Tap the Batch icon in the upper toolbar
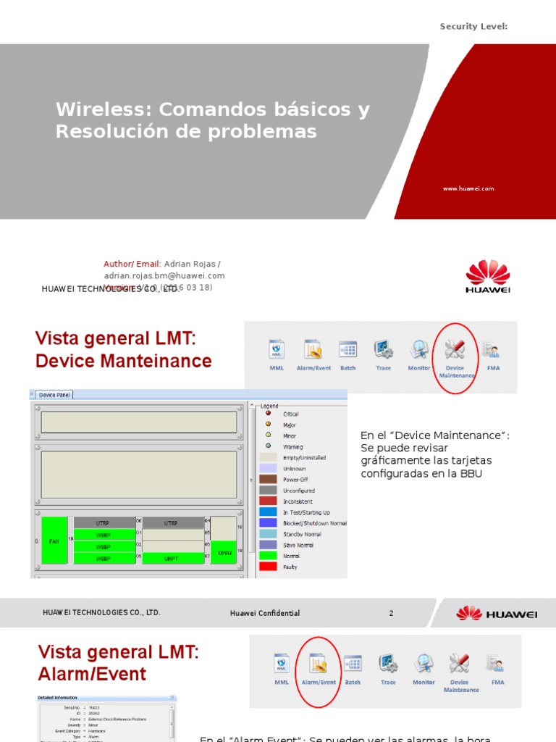(348, 349)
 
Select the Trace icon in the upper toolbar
(383, 349)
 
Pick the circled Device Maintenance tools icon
(455, 349)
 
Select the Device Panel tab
(55, 395)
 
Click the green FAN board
(54, 540)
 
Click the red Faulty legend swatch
(268, 567)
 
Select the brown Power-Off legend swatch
(268, 480)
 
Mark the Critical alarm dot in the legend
(268, 414)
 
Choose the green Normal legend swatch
(268, 556)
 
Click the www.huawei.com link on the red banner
(468, 188)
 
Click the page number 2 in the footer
(391, 613)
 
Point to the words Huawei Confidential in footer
(264, 613)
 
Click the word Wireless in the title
(104, 110)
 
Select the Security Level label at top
(473, 27)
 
